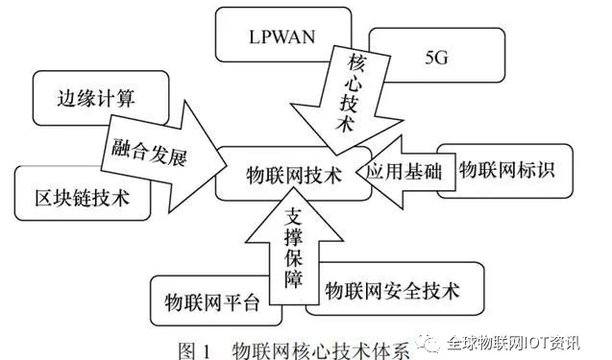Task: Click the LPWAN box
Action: click(x=269, y=37)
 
